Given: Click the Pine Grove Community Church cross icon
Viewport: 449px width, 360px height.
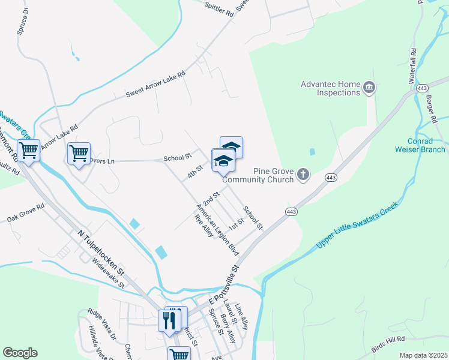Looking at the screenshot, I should [304, 175].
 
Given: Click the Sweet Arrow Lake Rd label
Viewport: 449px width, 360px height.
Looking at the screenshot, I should [155, 85].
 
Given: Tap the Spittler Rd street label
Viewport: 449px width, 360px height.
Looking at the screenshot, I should [218, 10].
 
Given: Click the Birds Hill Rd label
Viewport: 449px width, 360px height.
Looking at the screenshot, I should [388, 343].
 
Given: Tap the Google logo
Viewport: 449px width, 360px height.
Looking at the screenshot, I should [20, 353].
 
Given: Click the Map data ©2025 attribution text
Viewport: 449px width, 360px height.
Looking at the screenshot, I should [423, 355].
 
